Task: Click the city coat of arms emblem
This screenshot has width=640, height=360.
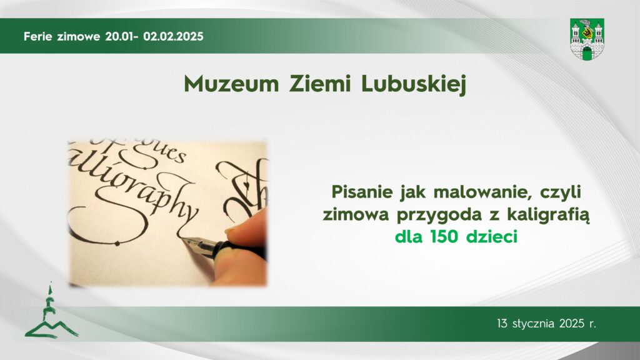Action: tap(587, 39)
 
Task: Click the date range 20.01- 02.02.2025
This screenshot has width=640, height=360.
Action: tap(154, 36)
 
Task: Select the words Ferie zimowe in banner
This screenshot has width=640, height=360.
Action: tap(61, 36)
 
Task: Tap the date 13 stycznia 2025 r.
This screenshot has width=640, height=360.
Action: tap(546, 324)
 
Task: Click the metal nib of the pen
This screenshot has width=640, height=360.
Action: tap(199, 241)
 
